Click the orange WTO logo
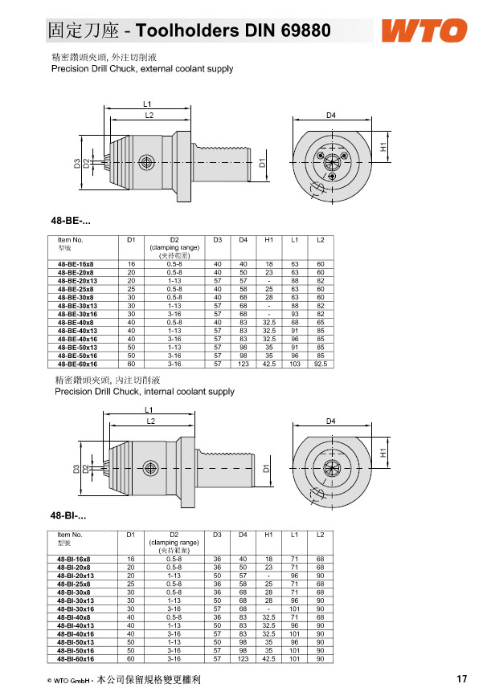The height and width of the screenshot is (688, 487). (424, 32)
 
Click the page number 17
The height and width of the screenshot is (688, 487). (461, 679)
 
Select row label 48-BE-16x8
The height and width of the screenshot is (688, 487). (76, 264)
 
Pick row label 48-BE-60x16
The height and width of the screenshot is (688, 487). (76, 364)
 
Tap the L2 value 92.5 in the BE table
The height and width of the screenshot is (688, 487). (320, 364)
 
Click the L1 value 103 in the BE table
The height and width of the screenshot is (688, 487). (295, 364)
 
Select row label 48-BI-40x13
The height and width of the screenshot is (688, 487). (76, 625)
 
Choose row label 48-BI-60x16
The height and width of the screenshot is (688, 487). (76, 658)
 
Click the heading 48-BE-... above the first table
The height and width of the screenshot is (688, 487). (71, 220)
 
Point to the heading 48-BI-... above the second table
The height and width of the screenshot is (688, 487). (68, 515)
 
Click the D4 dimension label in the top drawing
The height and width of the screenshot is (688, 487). (330, 116)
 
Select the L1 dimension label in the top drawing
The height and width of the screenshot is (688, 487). (148, 104)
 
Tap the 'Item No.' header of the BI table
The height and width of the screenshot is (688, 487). (70, 535)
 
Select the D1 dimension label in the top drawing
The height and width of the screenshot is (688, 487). (262, 165)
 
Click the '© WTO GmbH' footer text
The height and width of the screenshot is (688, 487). (68, 680)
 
